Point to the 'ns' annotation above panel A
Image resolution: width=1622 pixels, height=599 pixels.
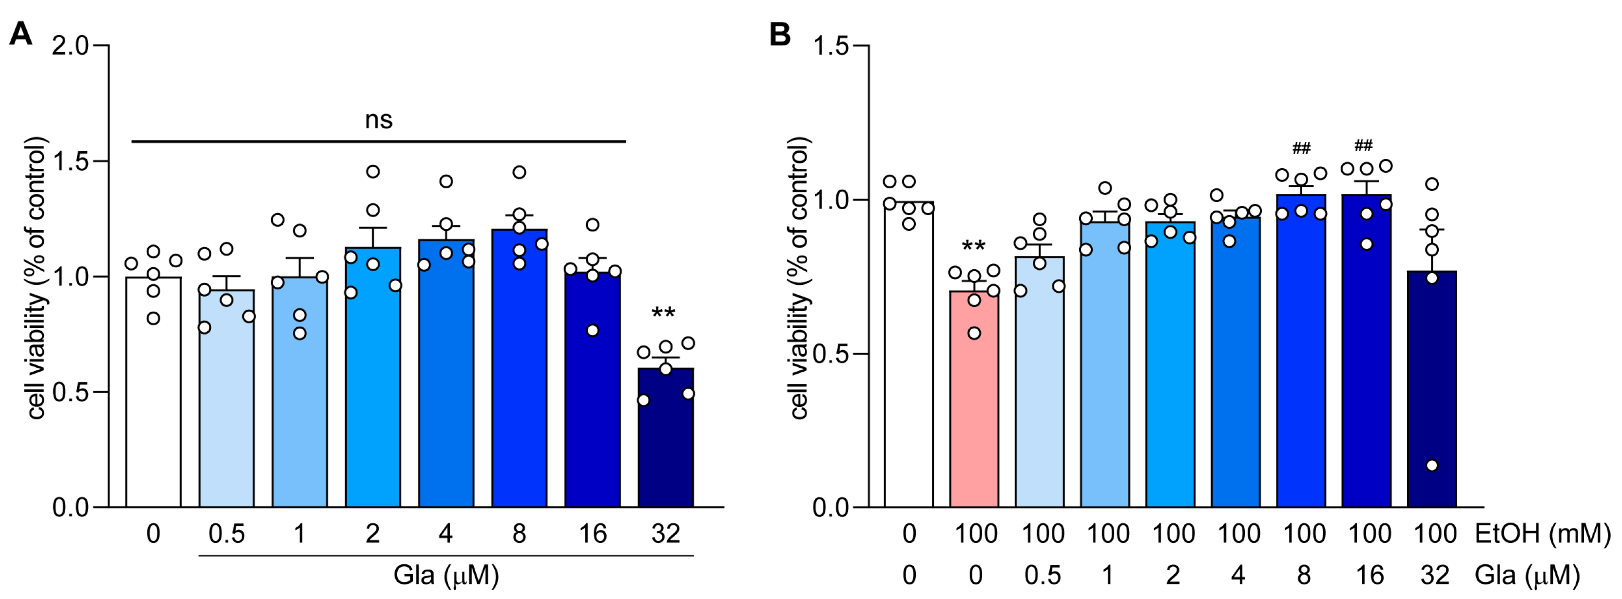(x=378, y=120)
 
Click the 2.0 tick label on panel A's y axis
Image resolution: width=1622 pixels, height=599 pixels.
(x=71, y=46)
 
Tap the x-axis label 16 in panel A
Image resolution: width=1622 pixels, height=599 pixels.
(x=593, y=534)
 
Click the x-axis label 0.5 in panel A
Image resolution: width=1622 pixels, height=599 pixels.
(x=227, y=534)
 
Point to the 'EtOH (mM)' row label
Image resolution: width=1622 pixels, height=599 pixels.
(x=1542, y=534)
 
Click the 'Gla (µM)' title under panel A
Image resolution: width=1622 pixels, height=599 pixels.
(x=446, y=575)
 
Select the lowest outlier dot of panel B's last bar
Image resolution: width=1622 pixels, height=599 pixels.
(x=1432, y=465)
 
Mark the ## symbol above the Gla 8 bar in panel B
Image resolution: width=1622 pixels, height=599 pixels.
(x=1301, y=149)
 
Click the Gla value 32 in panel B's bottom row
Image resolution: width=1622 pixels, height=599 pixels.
(x=1435, y=575)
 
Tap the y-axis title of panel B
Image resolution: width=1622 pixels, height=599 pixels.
(x=798, y=277)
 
